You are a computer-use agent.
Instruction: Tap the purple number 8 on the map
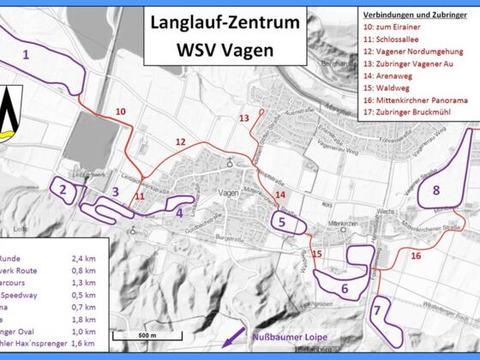click(x=436, y=189)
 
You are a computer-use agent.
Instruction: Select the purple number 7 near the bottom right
click(x=377, y=309)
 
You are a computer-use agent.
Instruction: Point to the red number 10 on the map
click(x=120, y=111)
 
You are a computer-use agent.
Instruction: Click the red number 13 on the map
click(x=244, y=117)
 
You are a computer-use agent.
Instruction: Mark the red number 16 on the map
click(x=416, y=255)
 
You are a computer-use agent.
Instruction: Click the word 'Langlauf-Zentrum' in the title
click(x=226, y=24)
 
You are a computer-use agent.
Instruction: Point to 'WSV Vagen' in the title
click(x=226, y=50)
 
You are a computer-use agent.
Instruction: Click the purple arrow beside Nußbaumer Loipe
click(x=231, y=342)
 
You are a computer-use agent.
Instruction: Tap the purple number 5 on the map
click(x=282, y=221)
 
